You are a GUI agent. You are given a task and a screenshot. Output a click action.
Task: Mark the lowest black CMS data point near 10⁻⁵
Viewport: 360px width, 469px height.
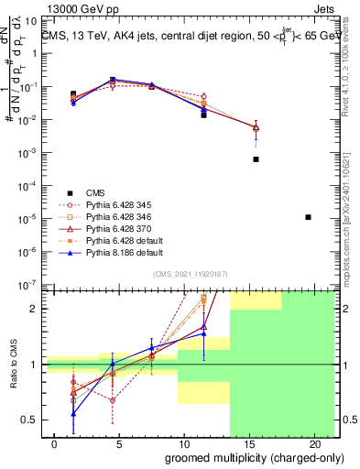click(x=309, y=217)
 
